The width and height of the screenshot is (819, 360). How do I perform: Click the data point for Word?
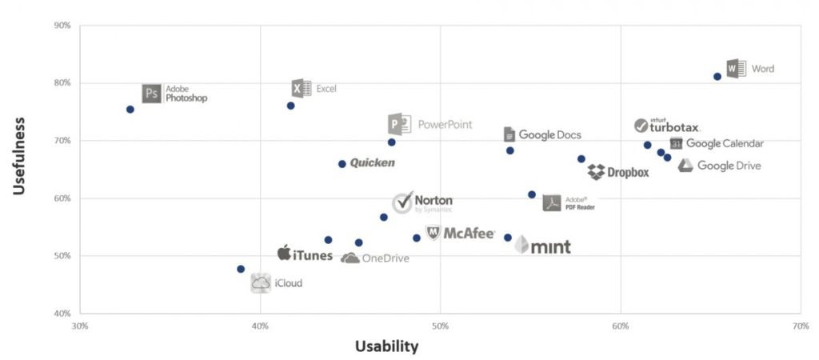point(717,77)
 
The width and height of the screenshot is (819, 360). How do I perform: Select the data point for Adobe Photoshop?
point(130,110)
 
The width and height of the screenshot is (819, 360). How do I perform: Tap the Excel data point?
point(291,106)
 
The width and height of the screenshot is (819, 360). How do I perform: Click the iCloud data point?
point(241,269)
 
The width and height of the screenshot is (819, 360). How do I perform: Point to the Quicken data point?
point(342,164)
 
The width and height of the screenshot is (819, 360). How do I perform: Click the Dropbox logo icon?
point(596,172)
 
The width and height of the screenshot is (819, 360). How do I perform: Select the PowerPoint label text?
point(445,125)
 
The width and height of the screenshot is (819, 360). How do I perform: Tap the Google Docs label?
point(549,134)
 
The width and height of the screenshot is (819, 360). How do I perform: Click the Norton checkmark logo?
point(402,203)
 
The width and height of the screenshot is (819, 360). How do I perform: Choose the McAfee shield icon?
point(433,233)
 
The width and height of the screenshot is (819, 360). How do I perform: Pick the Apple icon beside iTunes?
point(283,254)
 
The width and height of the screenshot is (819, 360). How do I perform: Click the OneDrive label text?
point(386,258)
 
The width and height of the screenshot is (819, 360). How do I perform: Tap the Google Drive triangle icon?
point(685,166)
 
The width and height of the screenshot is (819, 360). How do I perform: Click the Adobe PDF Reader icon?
point(552,202)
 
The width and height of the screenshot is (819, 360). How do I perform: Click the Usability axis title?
point(386,346)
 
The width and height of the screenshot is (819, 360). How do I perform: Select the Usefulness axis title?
point(20,155)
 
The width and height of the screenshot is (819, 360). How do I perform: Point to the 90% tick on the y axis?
point(62,26)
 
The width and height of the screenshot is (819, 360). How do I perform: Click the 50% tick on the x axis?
point(440,326)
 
